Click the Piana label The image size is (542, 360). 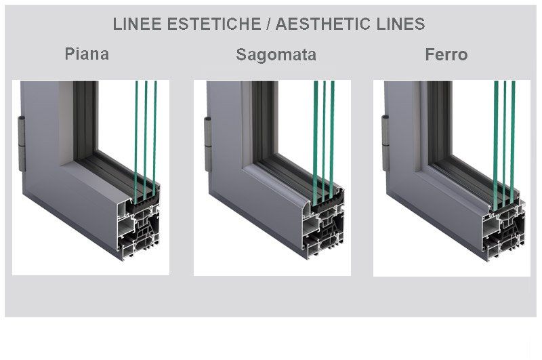point(87,54)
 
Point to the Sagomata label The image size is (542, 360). point(276,55)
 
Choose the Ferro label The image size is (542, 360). point(446,55)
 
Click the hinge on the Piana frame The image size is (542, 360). point(22,144)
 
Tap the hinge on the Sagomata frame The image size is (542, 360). point(208,144)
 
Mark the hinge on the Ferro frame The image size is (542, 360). point(385,143)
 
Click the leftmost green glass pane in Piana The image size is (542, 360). point(136,141)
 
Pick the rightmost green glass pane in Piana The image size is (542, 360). point(154,138)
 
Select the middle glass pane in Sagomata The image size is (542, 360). point(324,141)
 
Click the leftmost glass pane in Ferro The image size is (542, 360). point(496,145)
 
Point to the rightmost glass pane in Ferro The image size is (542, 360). point(513,141)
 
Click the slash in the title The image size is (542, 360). point(268,24)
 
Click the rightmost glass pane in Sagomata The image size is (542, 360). point(332,138)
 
